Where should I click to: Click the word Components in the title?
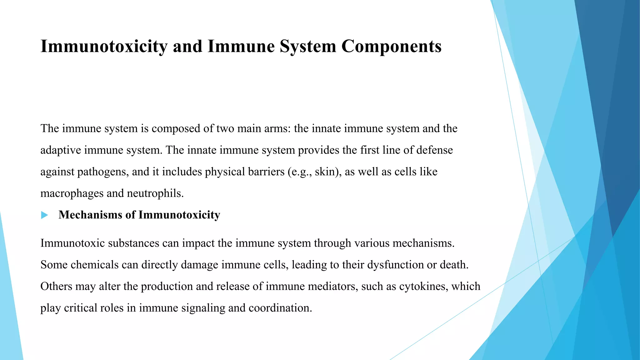point(391,46)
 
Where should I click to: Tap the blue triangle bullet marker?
point(44,215)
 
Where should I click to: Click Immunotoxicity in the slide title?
point(104,46)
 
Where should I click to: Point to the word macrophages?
point(72,193)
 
